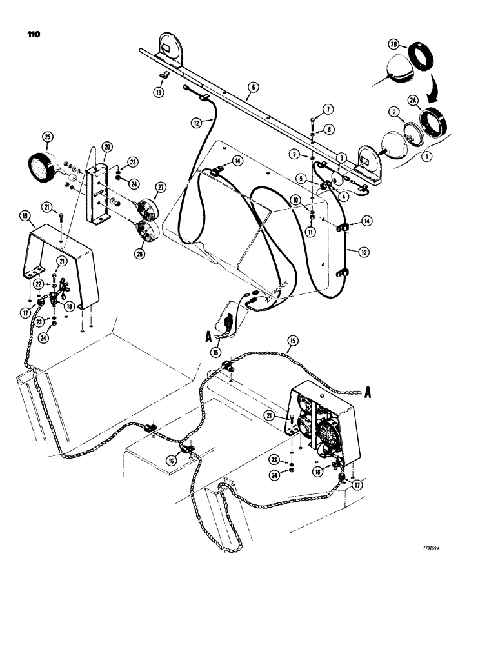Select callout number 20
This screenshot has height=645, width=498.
(x=107, y=147)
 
